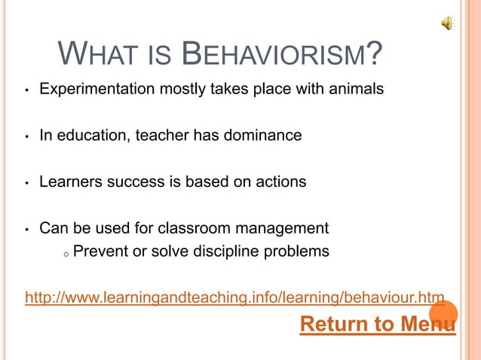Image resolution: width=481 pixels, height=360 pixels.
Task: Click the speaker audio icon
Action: point(448,23)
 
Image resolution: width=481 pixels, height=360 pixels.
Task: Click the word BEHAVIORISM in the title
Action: point(274,55)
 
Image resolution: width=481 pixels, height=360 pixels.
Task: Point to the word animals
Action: point(354,90)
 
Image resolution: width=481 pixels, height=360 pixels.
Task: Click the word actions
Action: point(280,182)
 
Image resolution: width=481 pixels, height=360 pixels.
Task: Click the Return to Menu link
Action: point(377,325)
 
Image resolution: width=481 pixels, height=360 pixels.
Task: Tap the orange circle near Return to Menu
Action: point(443,315)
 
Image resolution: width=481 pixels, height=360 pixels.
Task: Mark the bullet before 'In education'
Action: point(26,138)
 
